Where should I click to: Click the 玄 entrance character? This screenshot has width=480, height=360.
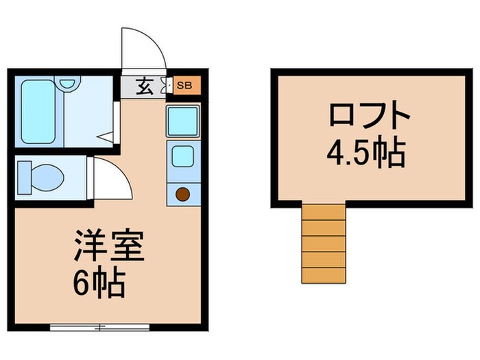point(145,86)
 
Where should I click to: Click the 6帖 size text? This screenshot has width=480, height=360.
point(100,283)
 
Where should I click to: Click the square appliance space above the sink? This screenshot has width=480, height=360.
point(182,121)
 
